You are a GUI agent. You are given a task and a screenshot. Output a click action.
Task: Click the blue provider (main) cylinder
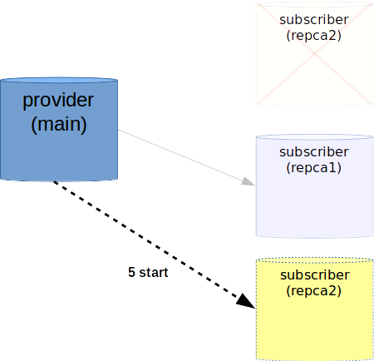coord(59,130)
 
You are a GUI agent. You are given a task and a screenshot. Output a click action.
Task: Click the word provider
coord(58,101)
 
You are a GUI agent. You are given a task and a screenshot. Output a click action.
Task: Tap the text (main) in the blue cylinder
coord(59,125)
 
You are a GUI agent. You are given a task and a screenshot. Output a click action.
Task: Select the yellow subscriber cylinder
coord(315,309)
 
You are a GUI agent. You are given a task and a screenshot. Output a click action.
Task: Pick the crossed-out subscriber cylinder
coord(315,54)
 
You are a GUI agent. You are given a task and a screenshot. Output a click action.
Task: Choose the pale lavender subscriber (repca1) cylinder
coord(315,186)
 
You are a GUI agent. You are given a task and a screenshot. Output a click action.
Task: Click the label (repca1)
coord(314,168)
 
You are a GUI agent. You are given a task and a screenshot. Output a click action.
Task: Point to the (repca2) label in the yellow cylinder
coord(314,291)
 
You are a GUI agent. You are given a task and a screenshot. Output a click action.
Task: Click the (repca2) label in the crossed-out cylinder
coord(314,36)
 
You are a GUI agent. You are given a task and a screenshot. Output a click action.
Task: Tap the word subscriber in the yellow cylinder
coord(315,275)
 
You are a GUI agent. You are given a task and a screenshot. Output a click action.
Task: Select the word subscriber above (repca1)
coord(314,152)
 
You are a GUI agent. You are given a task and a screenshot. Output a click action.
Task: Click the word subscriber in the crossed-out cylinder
coord(314,20)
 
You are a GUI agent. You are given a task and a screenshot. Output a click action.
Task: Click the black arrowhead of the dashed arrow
coord(246,301)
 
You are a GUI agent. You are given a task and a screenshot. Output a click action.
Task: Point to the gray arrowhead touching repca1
coord(249,181)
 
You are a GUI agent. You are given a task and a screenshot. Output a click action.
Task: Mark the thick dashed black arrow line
coord(154,245)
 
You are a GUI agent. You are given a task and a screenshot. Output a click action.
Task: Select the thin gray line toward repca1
coord(186,157)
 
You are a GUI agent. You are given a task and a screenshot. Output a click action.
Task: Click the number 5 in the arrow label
coord(131,272)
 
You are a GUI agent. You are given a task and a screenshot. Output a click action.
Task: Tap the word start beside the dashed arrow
coord(154,273)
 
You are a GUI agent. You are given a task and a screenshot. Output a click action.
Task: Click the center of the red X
coord(315,53)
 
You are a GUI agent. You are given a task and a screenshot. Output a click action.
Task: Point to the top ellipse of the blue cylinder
coord(59,81)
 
